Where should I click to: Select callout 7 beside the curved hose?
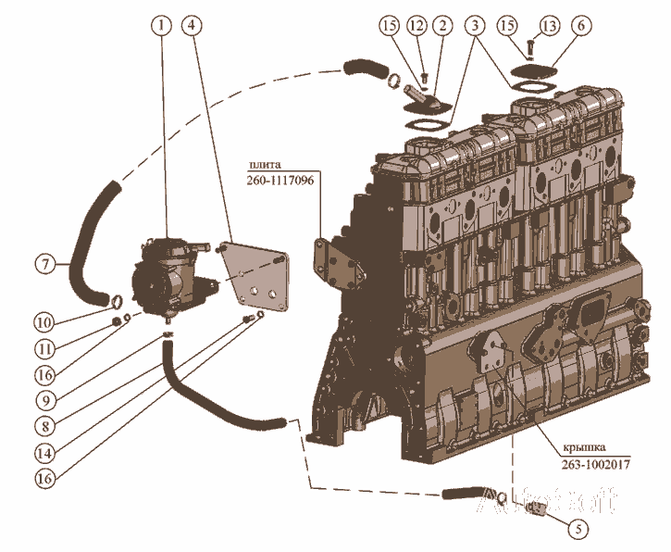(43, 263)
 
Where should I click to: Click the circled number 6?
(580, 26)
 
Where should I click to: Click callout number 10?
(43, 321)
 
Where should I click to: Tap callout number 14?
(43, 453)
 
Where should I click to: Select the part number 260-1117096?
(280, 181)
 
